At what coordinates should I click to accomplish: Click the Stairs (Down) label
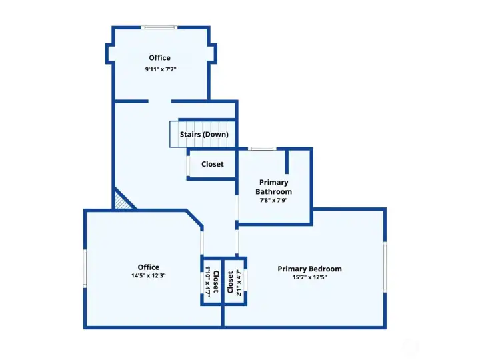(204, 135)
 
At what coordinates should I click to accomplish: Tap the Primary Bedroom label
(309, 269)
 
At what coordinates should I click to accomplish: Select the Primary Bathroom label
(274, 187)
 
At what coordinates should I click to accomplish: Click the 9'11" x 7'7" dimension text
(161, 69)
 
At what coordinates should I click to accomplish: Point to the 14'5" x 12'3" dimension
(149, 275)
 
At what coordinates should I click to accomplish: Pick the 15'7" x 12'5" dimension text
(309, 277)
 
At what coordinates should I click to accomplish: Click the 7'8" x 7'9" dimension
(274, 201)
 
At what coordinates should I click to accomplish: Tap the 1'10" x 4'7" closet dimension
(207, 281)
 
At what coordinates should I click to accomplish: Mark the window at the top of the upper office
(159, 27)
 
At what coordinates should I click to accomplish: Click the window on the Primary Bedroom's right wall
(385, 267)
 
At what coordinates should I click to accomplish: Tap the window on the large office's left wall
(85, 269)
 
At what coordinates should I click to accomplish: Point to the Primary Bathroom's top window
(262, 149)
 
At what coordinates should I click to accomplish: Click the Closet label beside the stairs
(213, 164)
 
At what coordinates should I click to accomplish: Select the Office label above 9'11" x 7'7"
(159, 58)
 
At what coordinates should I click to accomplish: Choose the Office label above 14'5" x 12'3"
(149, 267)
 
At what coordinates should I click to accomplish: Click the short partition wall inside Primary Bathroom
(287, 161)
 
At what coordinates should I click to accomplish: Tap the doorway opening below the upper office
(160, 101)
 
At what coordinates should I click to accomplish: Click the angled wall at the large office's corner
(195, 219)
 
